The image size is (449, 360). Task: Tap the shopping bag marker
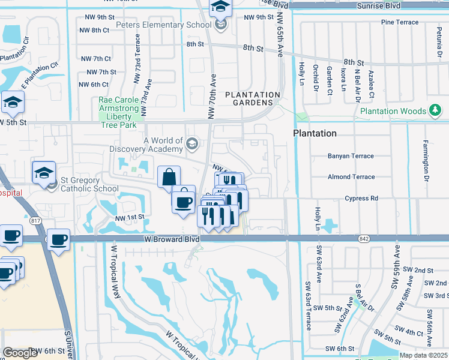point(169,178)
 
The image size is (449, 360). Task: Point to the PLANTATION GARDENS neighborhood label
point(253,99)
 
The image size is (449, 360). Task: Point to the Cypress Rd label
point(361,198)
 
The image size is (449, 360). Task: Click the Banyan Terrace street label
point(351,156)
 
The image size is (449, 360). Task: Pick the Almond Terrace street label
point(351,177)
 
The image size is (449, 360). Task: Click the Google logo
point(20,352)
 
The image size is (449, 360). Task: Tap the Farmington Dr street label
point(425,153)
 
